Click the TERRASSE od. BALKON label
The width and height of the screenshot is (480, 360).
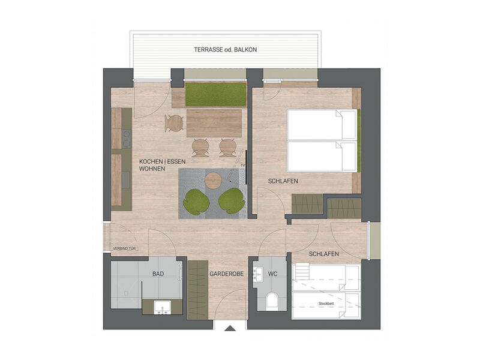point(225,50)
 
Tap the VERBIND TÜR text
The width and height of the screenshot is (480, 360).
point(125,248)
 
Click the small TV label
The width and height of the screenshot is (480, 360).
point(242,164)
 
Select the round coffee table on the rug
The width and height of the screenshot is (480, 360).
point(214,180)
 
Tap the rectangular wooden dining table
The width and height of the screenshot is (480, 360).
point(214,124)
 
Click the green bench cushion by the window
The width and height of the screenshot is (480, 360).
point(215,94)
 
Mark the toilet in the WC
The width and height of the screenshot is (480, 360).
point(271,301)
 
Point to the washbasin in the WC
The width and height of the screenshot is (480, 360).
point(259,274)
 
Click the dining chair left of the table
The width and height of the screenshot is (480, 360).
point(174,123)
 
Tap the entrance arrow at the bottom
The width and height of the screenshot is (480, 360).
point(230,328)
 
